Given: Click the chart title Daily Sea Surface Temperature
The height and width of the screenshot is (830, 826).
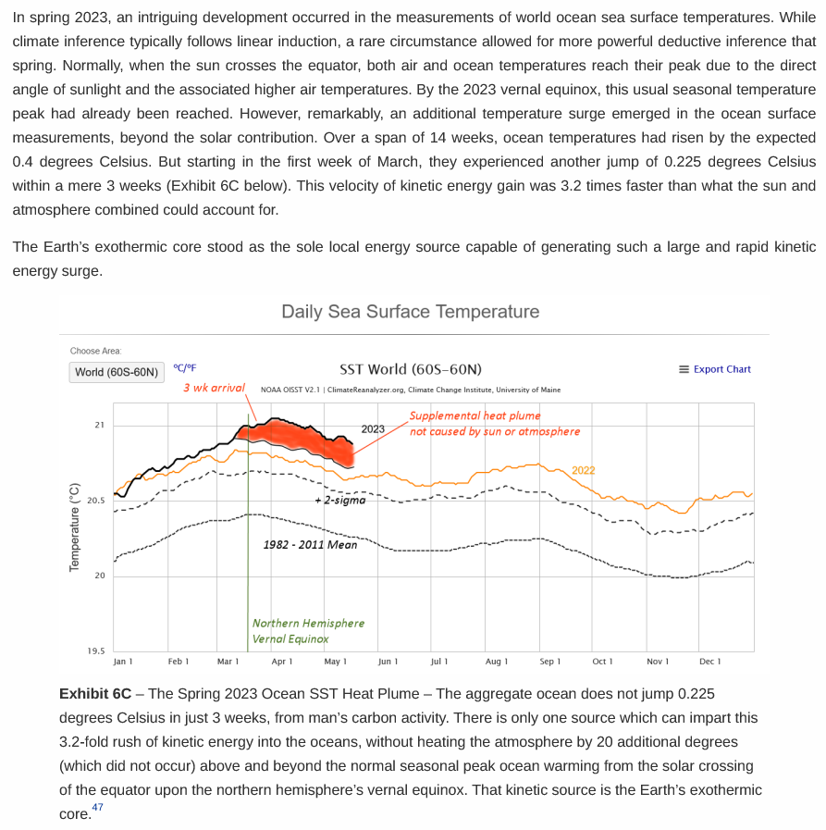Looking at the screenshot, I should [x=410, y=312].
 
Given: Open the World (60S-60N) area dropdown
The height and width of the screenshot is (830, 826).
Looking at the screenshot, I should [x=117, y=372].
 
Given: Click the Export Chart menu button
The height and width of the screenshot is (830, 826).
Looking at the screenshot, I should [x=715, y=369].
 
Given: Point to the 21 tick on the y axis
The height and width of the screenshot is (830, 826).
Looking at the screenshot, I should [x=100, y=425].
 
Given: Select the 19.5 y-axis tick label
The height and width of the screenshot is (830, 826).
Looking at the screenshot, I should [x=96, y=651].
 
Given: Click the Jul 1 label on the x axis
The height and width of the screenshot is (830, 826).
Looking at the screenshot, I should [x=439, y=662].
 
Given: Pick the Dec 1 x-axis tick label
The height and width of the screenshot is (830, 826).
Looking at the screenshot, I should [x=710, y=662].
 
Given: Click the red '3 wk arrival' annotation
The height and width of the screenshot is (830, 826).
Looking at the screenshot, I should [x=214, y=388].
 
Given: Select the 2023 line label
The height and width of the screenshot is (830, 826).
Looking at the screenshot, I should [x=373, y=429].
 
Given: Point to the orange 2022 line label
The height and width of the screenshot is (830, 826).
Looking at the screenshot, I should [x=583, y=470].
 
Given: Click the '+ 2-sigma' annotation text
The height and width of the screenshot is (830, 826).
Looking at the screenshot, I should [x=340, y=500].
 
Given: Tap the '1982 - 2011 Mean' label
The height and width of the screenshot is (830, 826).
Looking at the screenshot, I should [x=310, y=544].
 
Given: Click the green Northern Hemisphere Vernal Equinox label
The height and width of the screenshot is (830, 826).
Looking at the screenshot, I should [x=308, y=630].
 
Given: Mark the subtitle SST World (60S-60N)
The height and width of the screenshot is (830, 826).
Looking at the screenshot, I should [x=411, y=369].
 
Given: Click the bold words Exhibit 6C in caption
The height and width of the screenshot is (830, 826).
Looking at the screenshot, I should [x=94, y=693].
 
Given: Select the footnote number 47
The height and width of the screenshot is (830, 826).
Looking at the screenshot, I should [x=98, y=808].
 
